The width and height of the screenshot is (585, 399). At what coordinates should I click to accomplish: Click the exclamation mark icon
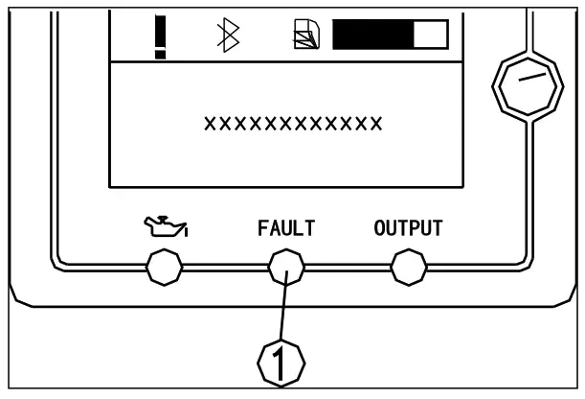click(x=161, y=35)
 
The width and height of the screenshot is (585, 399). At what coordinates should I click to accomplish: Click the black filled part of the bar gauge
click(x=371, y=35)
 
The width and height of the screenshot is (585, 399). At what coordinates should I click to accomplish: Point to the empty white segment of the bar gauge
click(x=430, y=35)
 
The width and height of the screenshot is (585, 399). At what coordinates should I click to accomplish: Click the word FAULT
click(x=286, y=229)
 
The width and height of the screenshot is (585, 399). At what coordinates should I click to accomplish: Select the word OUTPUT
click(x=408, y=229)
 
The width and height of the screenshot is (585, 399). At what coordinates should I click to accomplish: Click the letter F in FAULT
click(x=262, y=229)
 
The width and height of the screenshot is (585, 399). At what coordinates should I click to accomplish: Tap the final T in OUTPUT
click(x=437, y=229)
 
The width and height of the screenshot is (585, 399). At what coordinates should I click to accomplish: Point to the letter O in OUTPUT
click(x=379, y=229)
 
